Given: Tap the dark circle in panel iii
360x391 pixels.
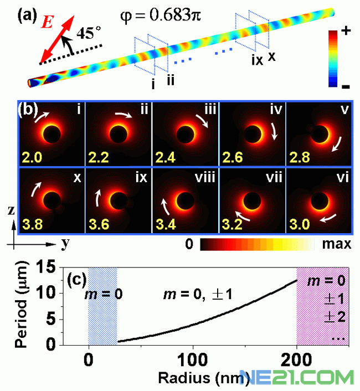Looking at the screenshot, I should (186, 133).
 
